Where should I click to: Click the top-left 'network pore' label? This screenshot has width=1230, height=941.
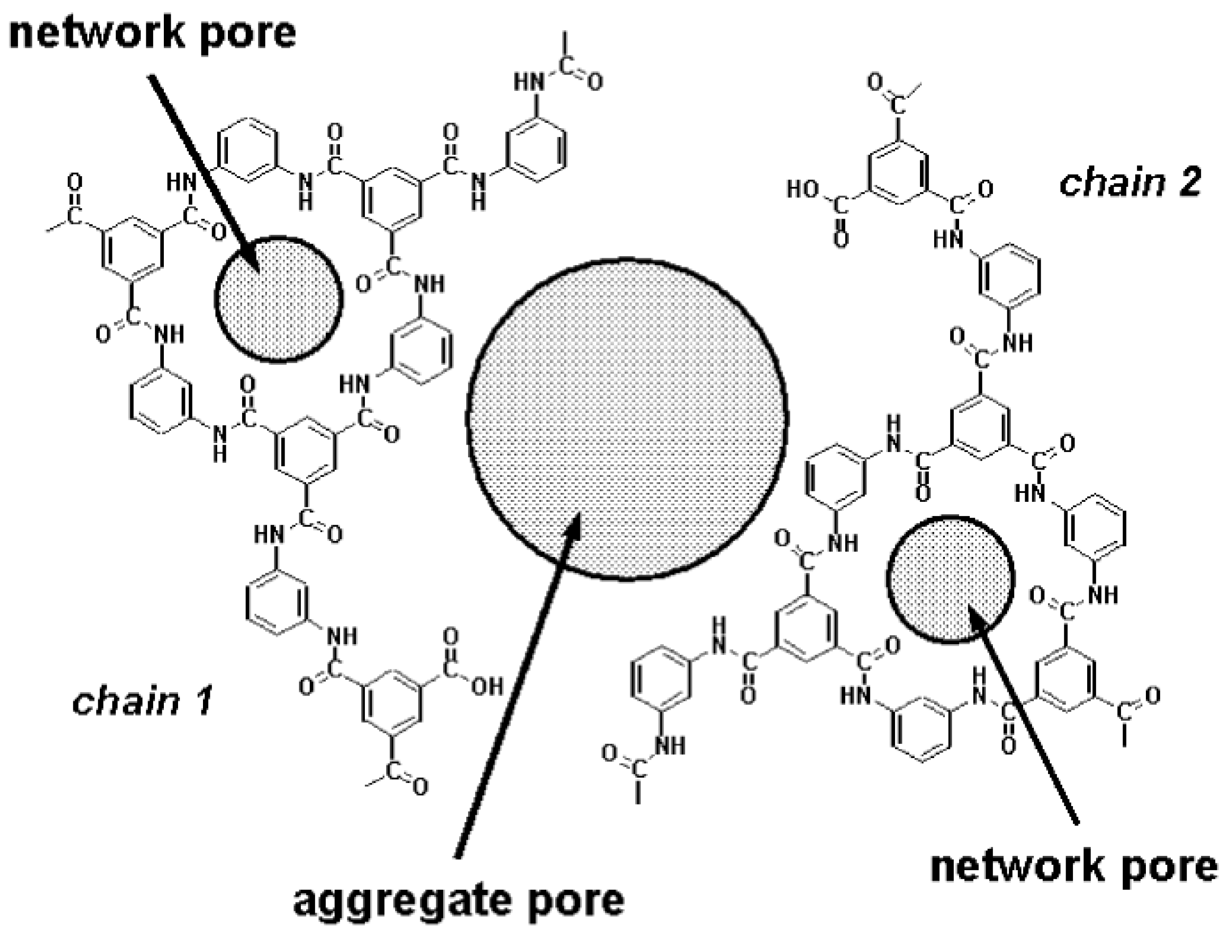[x=153, y=32]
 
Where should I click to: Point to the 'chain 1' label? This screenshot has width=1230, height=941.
[x=142, y=701]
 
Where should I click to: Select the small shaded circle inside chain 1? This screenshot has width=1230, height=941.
[x=278, y=300]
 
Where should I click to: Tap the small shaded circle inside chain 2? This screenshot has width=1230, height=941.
[x=951, y=580]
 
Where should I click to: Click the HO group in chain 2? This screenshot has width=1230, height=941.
[x=803, y=189]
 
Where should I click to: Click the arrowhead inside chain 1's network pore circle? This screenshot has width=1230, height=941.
[x=250, y=259]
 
